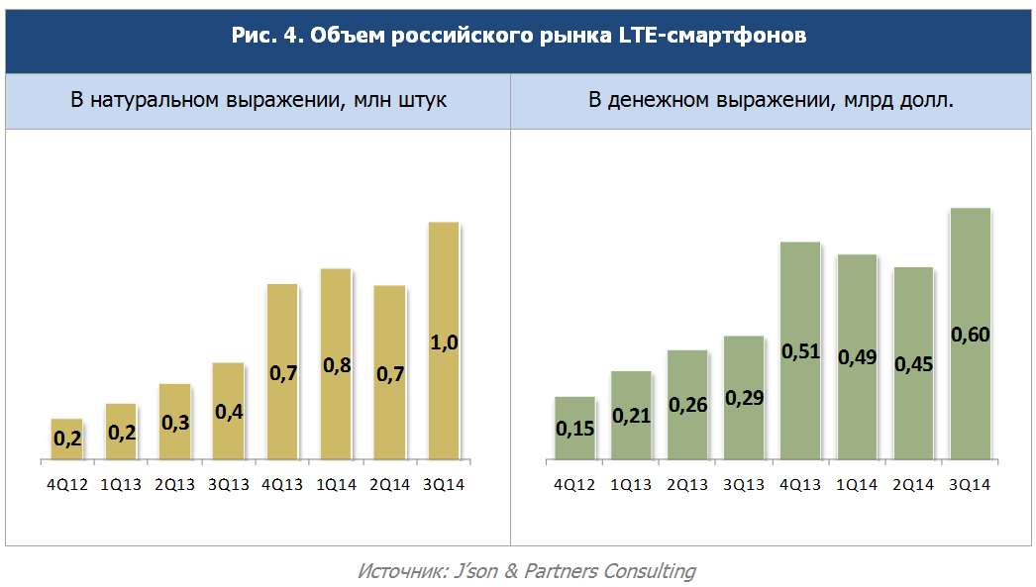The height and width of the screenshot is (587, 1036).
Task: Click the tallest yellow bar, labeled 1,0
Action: click(444, 341)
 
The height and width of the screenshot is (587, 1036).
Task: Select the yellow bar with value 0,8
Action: click(336, 364)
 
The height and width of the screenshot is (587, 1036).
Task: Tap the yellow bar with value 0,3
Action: click(175, 422)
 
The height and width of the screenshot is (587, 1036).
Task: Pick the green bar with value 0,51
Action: click(800, 350)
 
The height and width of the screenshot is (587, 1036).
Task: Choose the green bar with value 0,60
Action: click(970, 334)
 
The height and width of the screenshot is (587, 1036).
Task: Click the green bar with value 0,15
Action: click(574, 428)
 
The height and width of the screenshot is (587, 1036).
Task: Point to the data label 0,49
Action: click(857, 357)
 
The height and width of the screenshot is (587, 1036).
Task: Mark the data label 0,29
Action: click(744, 398)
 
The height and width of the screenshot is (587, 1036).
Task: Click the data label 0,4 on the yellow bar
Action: click(229, 412)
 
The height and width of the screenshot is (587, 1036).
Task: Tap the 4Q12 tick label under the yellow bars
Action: click(67, 485)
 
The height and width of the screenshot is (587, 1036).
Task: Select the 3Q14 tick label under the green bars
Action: click(970, 485)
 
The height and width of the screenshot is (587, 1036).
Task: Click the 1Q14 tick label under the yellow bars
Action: click(337, 485)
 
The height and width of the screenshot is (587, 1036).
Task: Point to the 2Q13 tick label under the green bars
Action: click(687, 485)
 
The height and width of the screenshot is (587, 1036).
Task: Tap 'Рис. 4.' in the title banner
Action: click(267, 35)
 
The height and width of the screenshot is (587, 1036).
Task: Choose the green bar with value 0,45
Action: click(914, 363)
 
